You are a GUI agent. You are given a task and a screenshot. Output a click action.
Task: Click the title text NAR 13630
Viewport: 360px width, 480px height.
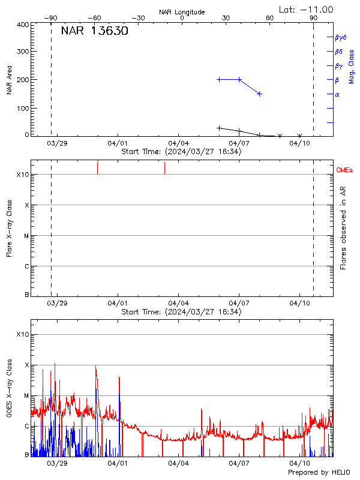click(x=94, y=31)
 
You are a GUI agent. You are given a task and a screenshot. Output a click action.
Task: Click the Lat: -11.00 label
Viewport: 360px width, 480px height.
click(x=307, y=9)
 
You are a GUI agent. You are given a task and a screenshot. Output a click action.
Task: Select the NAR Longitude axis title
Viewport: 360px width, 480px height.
click(x=182, y=12)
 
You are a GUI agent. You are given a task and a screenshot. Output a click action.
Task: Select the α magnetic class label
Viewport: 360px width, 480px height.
click(x=337, y=94)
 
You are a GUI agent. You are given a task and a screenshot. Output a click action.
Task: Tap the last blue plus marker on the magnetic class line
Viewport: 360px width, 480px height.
click(x=259, y=94)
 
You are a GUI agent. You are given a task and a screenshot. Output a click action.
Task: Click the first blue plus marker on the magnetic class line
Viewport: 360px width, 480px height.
click(x=219, y=79)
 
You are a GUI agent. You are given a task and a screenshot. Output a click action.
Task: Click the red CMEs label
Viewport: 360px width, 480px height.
click(x=345, y=170)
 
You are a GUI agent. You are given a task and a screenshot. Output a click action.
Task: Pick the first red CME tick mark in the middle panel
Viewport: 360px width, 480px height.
click(x=97, y=167)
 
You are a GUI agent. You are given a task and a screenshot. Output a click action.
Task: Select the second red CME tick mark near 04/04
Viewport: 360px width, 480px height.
click(x=164, y=168)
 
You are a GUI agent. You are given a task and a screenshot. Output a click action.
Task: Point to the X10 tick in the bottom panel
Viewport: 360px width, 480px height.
click(x=23, y=334)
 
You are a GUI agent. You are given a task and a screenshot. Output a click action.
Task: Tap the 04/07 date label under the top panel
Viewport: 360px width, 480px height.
click(x=239, y=143)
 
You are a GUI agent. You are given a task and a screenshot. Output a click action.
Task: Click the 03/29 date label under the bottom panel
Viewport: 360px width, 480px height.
click(x=56, y=464)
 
